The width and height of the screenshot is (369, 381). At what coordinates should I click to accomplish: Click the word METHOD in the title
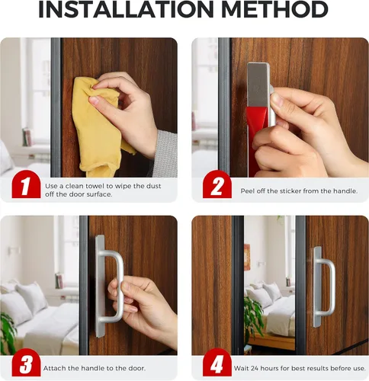pyautogui.click(x=275, y=10)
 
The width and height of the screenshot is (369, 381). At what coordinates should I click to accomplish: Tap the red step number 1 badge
pyautogui.click(x=26, y=184)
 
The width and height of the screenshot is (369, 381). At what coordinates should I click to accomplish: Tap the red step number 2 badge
pyautogui.click(x=217, y=184)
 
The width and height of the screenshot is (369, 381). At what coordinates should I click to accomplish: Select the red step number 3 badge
pyautogui.click(x=26, y=362)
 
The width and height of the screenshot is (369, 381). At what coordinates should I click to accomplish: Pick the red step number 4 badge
pyautogui.click(x=217, y=362)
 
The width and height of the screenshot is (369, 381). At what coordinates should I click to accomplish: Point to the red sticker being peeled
pyautogui.click(x=257, y=141)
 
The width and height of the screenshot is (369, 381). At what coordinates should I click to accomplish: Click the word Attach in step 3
pyautogui.click(x=53, y=368)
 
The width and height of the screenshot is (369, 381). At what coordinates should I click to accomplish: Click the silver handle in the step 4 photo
pyautogui.click(x=323, y=287)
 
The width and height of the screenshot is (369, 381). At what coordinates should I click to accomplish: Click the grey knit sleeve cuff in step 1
pyautogui.click(x=165, y=154)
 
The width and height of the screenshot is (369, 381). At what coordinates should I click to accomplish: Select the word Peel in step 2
pyautogui.click(x=247, y=191)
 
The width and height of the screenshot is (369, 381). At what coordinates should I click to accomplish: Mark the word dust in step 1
pyautogui.click(x=153, y=186)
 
